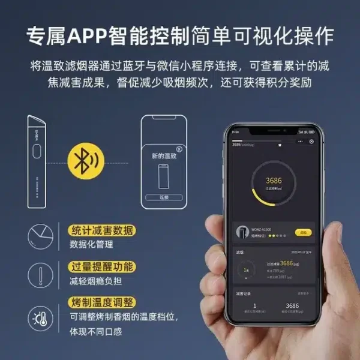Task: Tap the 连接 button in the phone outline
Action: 164,197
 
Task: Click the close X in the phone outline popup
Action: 178,148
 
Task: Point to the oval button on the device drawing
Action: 36,154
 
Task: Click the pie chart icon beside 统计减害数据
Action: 39,236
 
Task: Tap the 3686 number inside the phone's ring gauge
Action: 274,181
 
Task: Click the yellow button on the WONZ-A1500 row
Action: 303,232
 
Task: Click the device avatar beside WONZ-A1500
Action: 242,232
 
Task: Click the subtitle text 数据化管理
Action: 91,245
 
